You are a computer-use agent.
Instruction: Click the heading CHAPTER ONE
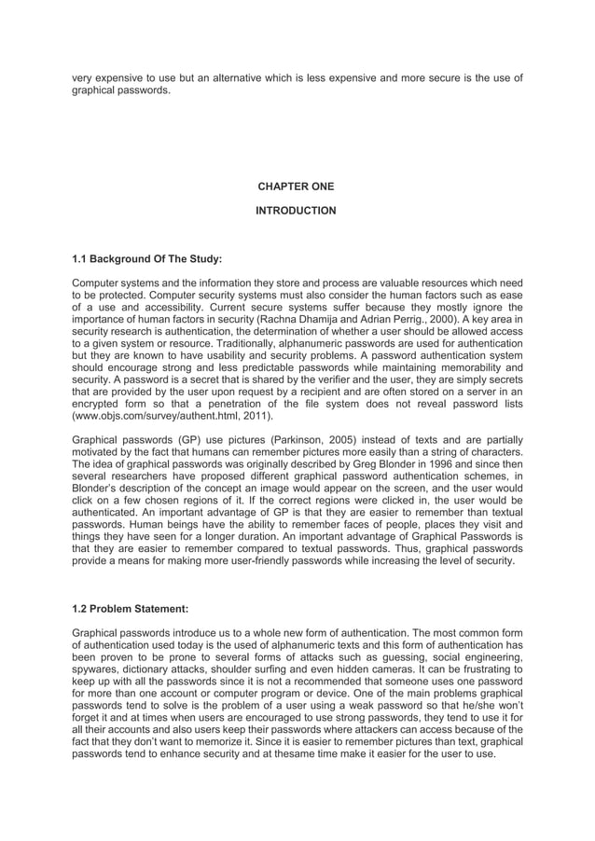296,186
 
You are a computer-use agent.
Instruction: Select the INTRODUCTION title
296,212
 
